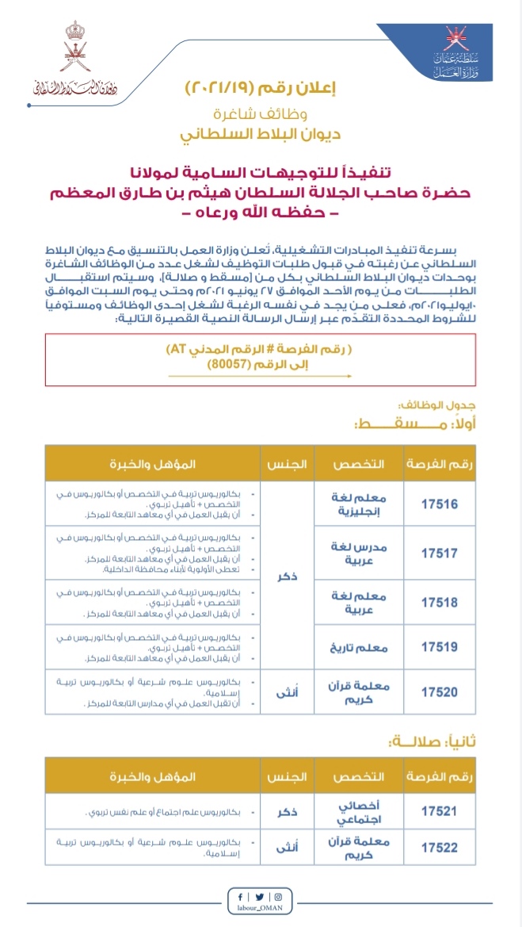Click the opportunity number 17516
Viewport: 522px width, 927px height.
coord(440,504)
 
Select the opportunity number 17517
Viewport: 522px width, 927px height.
coord(440,552)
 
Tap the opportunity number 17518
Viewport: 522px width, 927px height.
coord(440,602)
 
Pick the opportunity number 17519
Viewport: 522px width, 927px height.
coord(440,648)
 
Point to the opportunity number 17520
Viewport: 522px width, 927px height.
coord(440,691)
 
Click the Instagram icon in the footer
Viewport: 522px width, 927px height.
coord(277,896)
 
